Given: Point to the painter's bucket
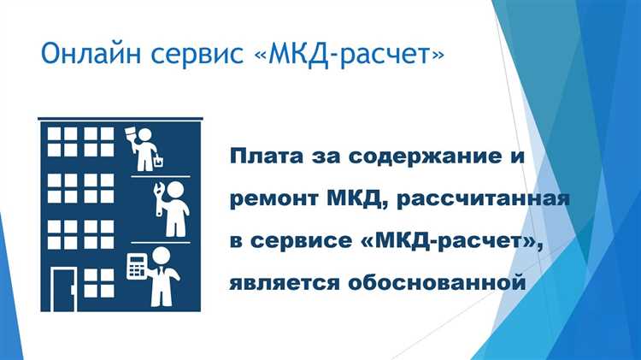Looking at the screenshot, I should pyautogui.click(x=159, y=159).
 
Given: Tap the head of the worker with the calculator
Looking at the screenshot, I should pyautogui.click(x=162, y=255).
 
